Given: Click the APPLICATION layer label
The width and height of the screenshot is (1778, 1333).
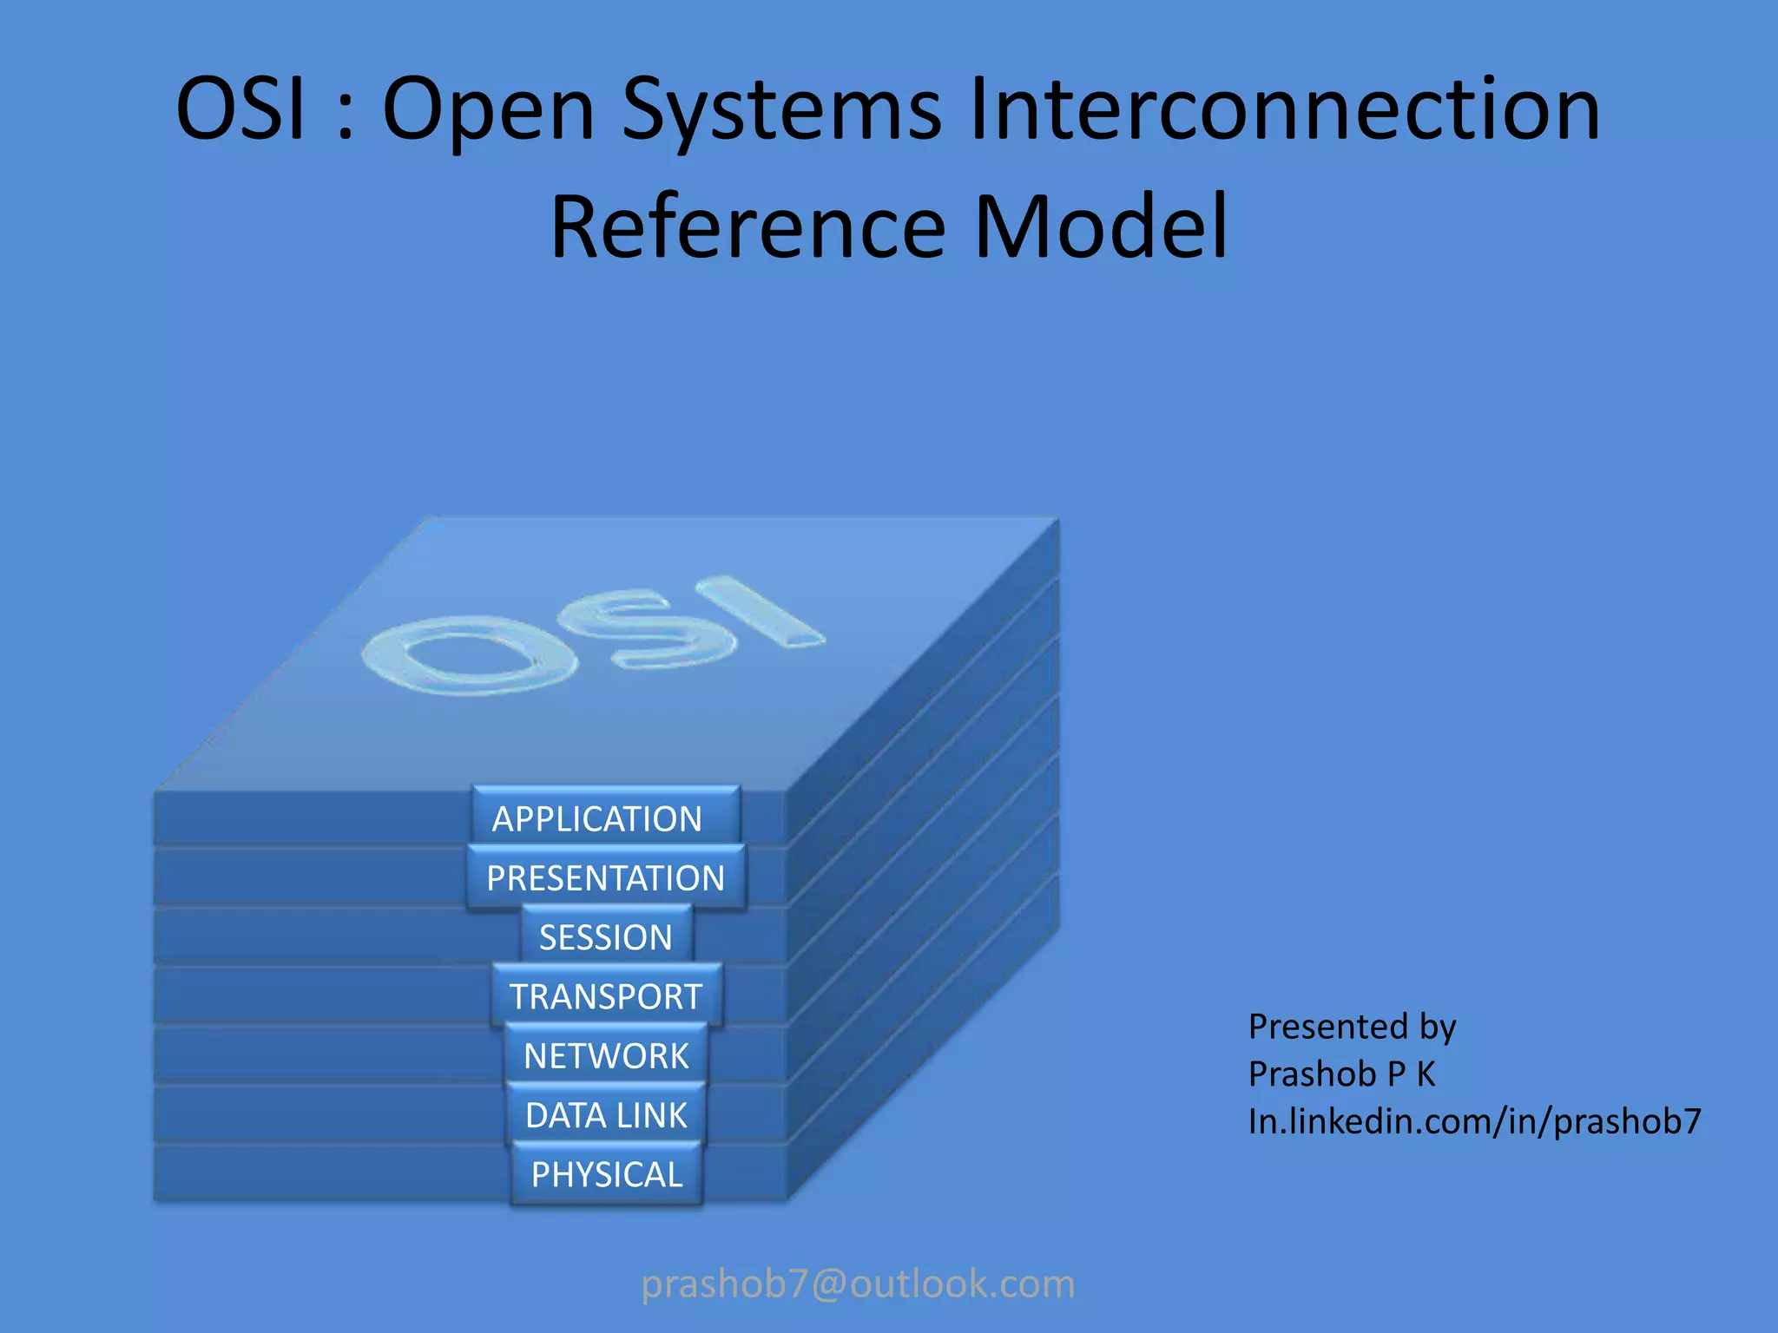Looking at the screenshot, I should tap(597, 818).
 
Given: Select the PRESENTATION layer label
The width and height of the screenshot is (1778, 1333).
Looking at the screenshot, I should tap(605, 878).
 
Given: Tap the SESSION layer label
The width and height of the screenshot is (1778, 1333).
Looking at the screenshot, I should tap(605, 937).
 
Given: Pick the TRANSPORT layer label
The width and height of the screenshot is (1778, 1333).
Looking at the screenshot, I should tap(605, 996).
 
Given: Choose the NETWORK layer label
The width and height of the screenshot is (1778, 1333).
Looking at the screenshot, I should tap(605, 1056).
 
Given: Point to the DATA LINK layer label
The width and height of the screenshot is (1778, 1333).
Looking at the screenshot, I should tap(605, 1115).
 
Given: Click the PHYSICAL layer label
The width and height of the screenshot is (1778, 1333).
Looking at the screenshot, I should tap(606, 1174).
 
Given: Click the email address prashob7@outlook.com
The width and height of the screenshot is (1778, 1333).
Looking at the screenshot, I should tap(858, 1284).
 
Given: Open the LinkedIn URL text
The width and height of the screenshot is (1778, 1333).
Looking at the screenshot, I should tap(1474, 1121).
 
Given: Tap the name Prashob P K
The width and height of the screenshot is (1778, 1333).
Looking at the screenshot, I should tap(1341, 1074).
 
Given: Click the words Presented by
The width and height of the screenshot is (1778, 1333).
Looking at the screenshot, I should tap(1352, 1027).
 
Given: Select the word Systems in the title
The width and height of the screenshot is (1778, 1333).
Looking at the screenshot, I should tap(781, 110).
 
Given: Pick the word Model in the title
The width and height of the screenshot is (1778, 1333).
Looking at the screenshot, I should tap(1101, 227).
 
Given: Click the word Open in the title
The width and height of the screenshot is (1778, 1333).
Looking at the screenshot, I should tap(488, 110).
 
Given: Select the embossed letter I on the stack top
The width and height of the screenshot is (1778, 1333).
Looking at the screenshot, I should tap(760, 612).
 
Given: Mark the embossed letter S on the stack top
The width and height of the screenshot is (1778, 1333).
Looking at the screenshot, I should tap(647, 627).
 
